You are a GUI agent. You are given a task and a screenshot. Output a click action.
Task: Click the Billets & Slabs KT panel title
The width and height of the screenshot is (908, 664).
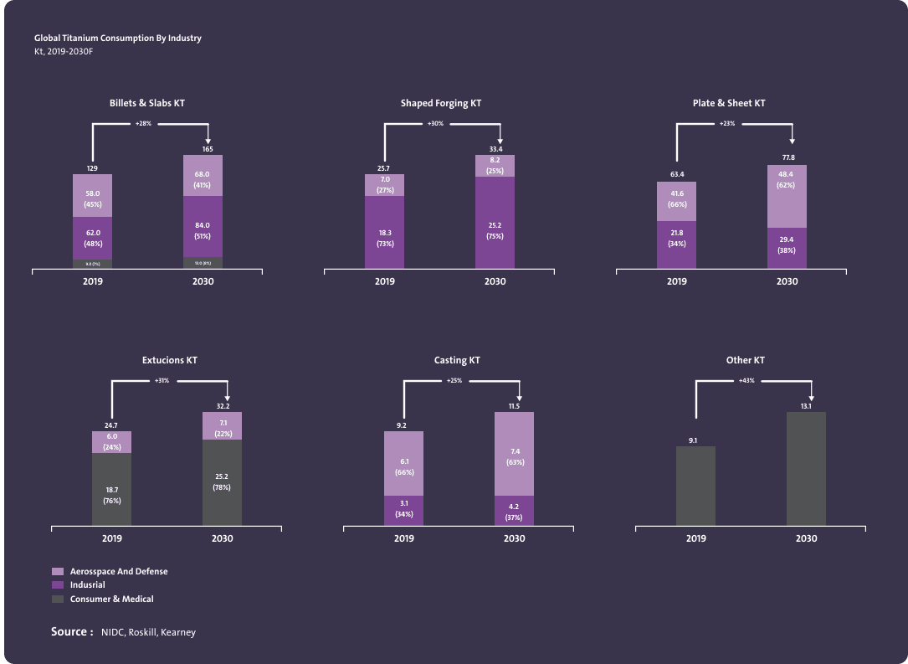[146, 103]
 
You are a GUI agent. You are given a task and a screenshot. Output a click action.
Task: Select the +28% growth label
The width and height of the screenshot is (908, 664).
[143, 124]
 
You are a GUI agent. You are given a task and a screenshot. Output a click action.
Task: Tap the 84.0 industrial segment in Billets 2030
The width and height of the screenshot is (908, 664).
[203, 226]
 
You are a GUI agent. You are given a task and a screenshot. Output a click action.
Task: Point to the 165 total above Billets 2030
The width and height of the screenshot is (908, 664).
[208, 149]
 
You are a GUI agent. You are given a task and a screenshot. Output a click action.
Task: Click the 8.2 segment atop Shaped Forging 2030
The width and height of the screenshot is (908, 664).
[495, 166]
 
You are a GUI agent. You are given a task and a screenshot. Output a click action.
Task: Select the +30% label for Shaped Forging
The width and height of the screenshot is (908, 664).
[435, 124]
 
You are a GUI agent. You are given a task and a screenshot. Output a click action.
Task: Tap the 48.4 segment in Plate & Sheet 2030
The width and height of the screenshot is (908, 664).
[787, 196]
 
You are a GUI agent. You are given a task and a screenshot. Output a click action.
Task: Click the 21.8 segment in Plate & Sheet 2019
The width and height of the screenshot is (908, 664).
[676, 238]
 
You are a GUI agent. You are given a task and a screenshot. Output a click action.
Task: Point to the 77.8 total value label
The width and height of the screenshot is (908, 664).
[788, 157]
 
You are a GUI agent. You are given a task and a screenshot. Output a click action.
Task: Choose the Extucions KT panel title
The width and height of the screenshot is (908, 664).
[170, 360]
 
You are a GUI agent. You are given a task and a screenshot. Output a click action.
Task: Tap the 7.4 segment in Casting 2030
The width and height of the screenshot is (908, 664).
[514, 454]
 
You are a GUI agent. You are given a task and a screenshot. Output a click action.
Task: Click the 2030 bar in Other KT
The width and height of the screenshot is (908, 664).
[806, 469]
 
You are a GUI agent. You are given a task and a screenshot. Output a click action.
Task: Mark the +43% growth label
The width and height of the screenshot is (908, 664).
[746, 381]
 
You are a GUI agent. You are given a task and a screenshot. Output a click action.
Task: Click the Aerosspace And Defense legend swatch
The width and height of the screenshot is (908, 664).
[58, 571]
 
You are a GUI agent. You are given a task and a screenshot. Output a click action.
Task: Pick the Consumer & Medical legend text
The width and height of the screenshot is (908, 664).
[111, 599]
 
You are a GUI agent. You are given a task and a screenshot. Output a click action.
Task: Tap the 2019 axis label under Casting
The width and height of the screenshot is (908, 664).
[403, 538]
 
